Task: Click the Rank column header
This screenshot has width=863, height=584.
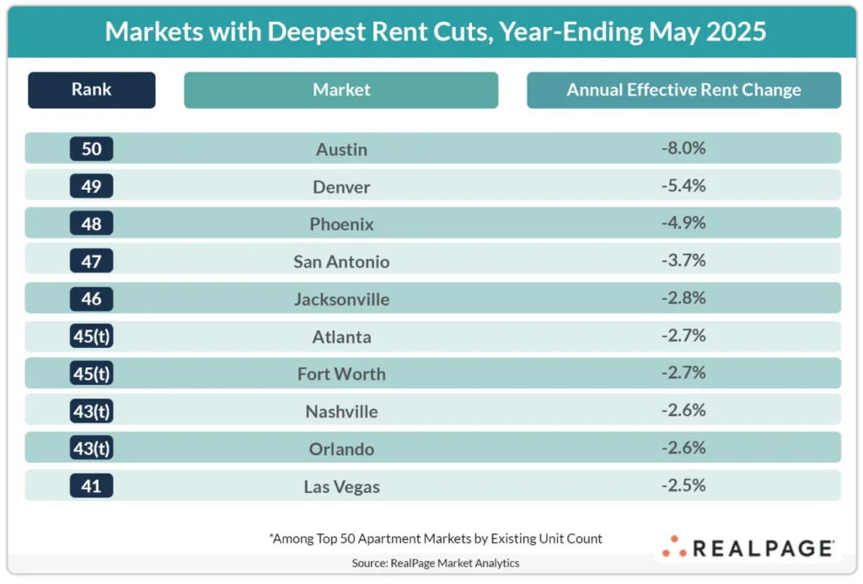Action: pos(91,90)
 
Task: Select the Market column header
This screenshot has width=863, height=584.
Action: pos(341,90)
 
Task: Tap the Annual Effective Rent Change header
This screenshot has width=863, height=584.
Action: pos(683,90)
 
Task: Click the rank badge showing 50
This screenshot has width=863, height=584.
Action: pos(91,149)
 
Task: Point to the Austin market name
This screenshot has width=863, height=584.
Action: pos(341,149)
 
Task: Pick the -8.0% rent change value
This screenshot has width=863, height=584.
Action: pos(683,148)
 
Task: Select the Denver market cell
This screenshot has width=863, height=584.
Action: pos(341,186)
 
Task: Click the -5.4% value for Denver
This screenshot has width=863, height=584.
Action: pos(683,185)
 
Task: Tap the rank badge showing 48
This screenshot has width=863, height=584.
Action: pos(91,224)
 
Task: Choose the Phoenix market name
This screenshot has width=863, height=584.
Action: pos(341,224)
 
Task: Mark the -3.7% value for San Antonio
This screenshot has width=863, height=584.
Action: pos(683,260)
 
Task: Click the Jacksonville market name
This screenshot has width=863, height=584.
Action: pos(341,299)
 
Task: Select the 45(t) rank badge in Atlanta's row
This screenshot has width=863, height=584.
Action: pos(91,336)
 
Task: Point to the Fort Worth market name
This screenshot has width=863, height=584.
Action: pos(341,374)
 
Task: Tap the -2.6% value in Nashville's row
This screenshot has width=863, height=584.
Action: pos(683,410)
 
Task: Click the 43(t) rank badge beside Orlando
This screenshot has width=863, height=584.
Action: pos(91,448)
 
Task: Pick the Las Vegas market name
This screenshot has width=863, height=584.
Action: pos(341,486)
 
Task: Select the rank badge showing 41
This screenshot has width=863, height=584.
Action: pos(91,486)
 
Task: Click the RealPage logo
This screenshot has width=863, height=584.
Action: pos(748,548)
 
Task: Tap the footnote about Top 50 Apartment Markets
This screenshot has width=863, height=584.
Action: pos(436,538)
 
